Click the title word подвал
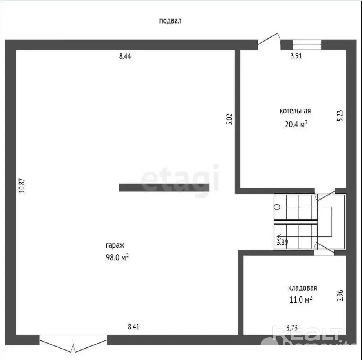(x=170, y=21)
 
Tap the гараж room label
(x=115, y=245)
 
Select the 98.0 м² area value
(x=117, y=257)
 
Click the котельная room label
(x=295, y=111)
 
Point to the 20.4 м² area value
(x=296, y=125)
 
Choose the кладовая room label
(x=302, y=288)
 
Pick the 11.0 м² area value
(x=301, y=300)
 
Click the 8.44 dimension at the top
(x=125, y=56)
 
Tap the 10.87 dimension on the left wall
(x=22, y=185)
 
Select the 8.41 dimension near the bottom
(x=133, y=327)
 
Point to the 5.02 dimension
(x=229, y=119)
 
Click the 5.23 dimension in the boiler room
(x=340, y=116)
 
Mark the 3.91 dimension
(x=296, y=56)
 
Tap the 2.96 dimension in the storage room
(x=340, y=295)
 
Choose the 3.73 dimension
(x=292, y=328)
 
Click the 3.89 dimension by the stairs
(x=282, y=242)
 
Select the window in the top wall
(x=307, y=45)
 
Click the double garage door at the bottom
(x=73, y=344)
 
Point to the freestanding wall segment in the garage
(x=164, y=187)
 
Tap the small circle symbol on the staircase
(x=277, y=207)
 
